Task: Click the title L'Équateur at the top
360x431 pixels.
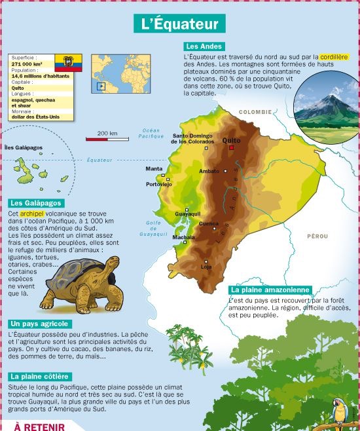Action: pos(179,24)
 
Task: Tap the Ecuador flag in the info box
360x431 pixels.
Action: pos(68,64)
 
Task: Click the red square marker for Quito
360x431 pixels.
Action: pos(231,148)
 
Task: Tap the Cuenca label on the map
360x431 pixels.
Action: pos(209,223)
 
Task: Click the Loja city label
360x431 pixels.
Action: pos(207,267)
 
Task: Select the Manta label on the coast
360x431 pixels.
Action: pos(154,168)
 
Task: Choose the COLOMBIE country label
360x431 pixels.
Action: pos(255,112)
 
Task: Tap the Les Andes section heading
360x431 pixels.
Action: pos(205,47)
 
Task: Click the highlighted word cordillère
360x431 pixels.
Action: pos(335,57)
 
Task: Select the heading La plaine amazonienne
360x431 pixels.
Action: pos(268,290)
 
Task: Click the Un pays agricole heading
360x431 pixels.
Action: pos(41,324)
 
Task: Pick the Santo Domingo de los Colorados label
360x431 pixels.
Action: pos(192,138)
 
